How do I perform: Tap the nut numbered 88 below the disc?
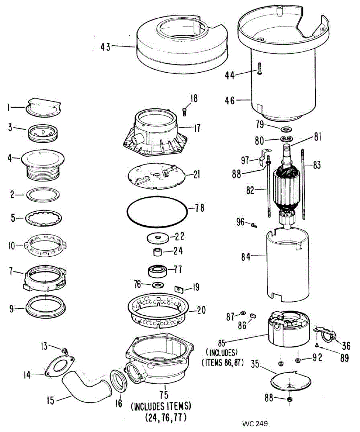click(x=289, y=399)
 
